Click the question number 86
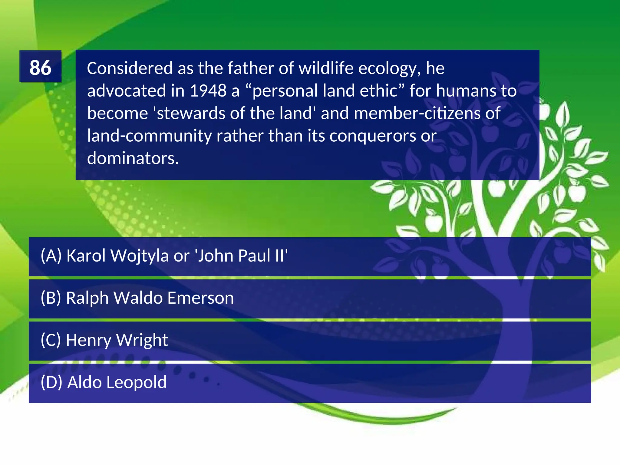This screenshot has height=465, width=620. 40,67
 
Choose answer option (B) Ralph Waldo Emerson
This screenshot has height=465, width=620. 137,298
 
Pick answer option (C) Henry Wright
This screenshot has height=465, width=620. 104,340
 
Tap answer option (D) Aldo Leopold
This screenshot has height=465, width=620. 104,382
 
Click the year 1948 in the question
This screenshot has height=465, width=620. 208,91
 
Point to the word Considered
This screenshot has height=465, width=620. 130,68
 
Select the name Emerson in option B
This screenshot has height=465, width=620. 200,298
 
